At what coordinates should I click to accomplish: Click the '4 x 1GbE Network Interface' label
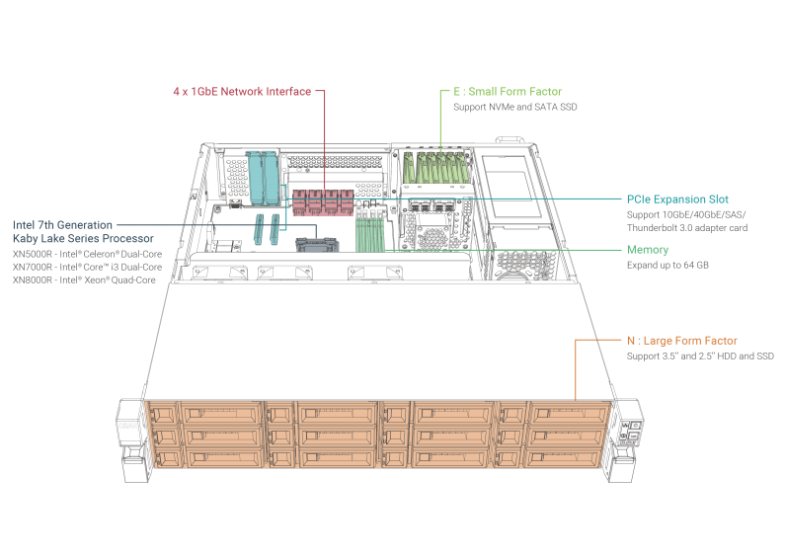click(x=241, y=92)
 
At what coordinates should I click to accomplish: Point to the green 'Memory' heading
click(x=647, y=250)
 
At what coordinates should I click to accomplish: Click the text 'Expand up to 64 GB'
click(x=667, y=265)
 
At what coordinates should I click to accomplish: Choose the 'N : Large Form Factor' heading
click(x=681, y=341)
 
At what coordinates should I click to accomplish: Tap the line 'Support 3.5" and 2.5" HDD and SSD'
click(x=699, y=356)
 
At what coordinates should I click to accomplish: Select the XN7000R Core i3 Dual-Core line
click(x=87, y=267)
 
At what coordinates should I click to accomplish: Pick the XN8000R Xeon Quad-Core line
click(x=85, y=280)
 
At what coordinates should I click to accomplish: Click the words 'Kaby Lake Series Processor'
click(x=83, y=239)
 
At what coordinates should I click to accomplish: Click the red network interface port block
click(x=322, y=202)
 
